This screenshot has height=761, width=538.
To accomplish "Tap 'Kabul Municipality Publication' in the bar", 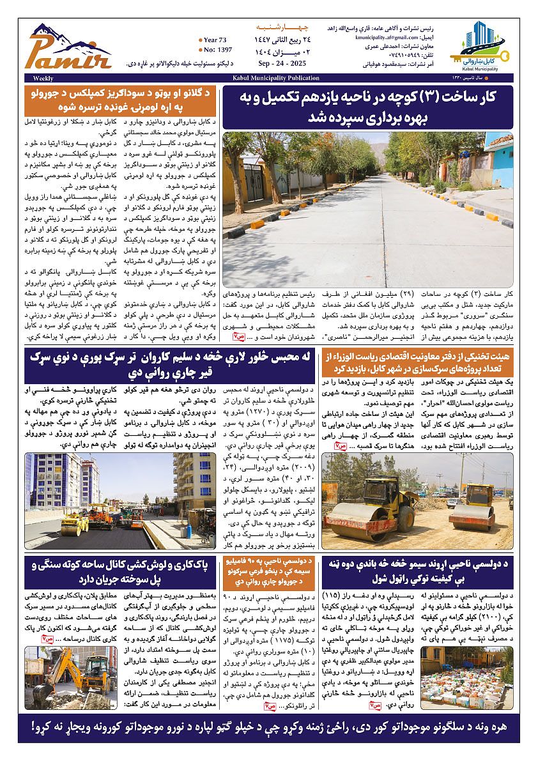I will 280,78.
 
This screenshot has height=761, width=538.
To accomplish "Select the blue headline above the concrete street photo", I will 369,107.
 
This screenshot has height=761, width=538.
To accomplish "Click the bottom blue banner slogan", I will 268,728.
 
